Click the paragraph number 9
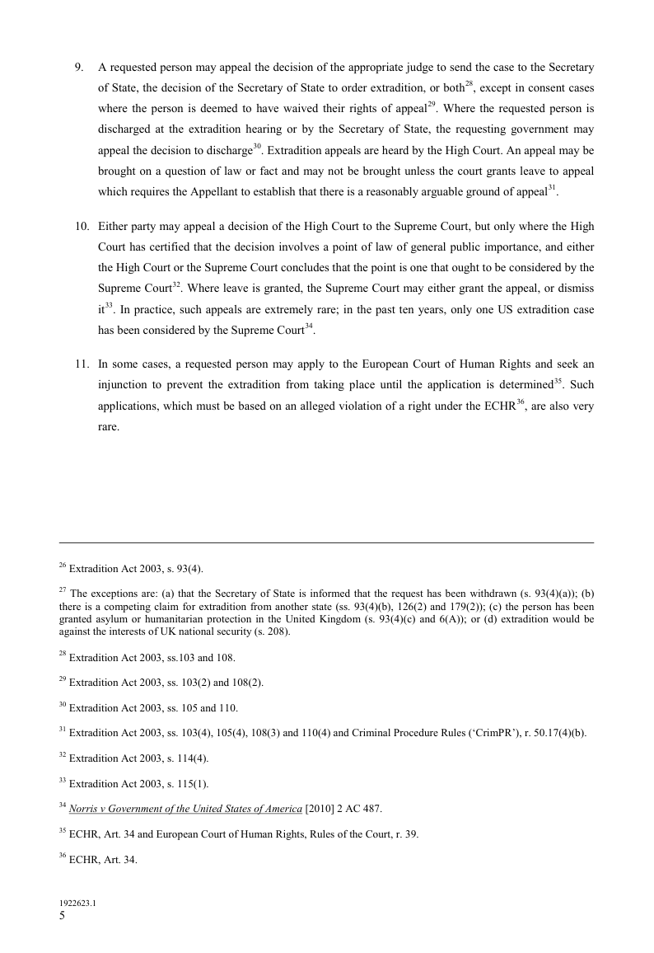(x=79, y=67)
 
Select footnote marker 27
(x=63, y=590)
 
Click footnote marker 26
(x=63, y=566)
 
